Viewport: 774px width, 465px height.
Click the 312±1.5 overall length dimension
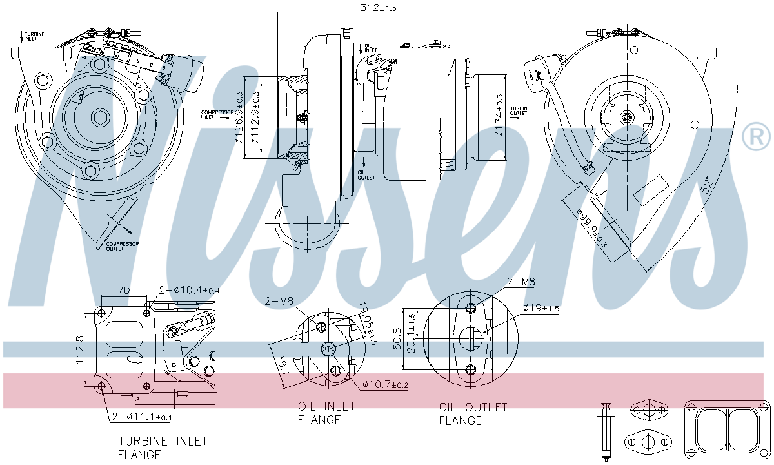[378, 7]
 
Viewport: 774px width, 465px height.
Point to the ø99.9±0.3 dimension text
[591, 227]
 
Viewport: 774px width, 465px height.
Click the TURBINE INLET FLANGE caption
[163, 448]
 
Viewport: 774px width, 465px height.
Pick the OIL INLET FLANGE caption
[326, 413]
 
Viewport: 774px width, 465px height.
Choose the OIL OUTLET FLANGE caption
[473, 414]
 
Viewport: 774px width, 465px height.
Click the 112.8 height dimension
[80, 350]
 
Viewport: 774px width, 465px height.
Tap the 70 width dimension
[125, 291]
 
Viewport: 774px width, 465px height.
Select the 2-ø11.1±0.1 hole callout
[141, 417]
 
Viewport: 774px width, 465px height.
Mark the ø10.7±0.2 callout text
[385, 385]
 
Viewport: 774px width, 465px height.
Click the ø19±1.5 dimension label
[541, 308]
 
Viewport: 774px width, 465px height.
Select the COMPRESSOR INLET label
[216, 114]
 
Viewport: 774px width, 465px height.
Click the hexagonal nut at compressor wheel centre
[99, 118]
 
